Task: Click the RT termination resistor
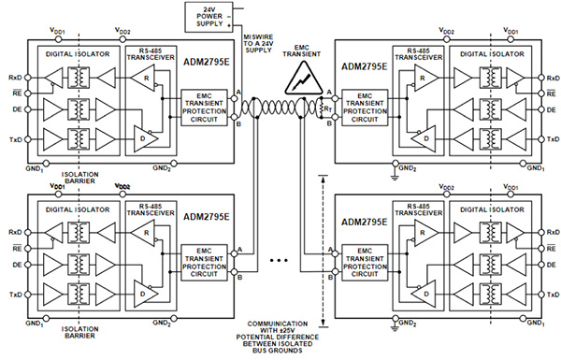(325, 108)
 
